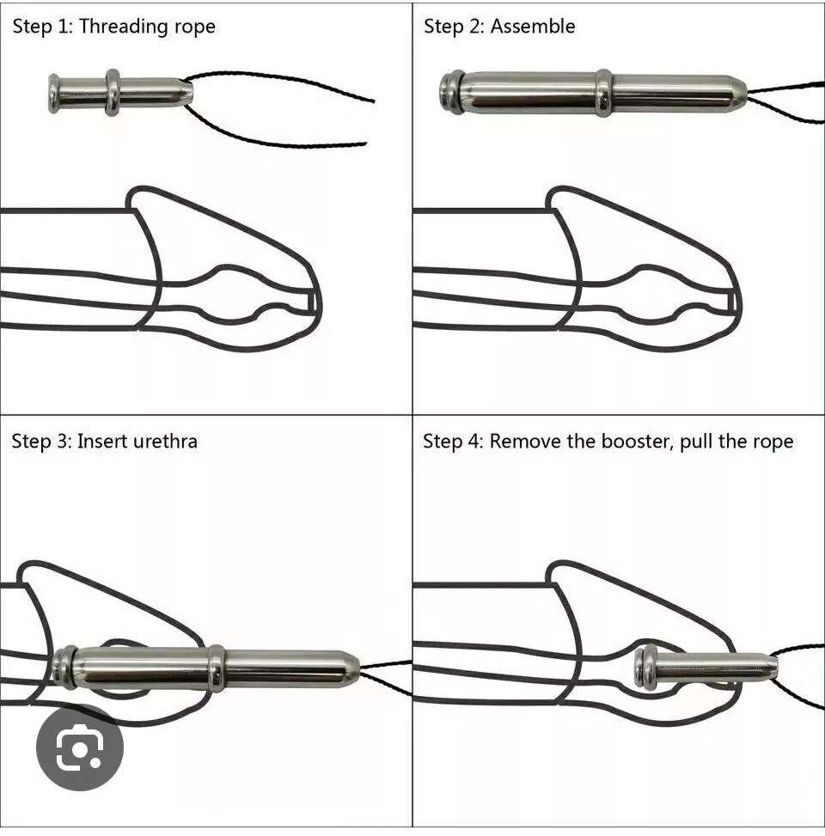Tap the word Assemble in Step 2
tap(532, 27)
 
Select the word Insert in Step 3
tap(101, 442)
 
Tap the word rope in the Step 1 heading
tap(193, 27)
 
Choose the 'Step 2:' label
tap(454, 27)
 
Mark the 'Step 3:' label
tap(41, 442)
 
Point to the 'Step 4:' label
tap(453, 442)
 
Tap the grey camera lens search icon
tap(80, 748)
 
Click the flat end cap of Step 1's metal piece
tap(55, 93)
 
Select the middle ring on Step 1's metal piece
tap(113, 92)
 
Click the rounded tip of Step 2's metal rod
tap(737, 93)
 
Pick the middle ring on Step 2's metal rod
tap(604, 93)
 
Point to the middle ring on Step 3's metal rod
tap(217, 668)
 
